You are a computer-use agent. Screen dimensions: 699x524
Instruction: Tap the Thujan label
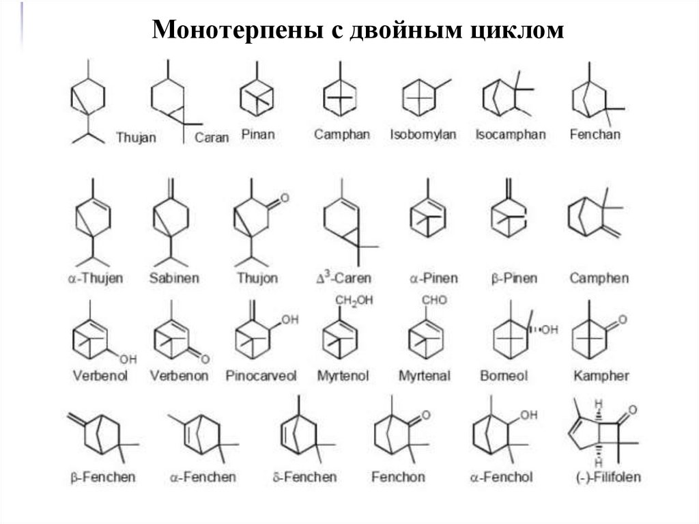(x=136, y=137)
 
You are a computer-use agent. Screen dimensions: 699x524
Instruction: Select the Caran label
(x=212, y=137)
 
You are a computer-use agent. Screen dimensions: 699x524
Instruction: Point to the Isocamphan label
(x=511, y=135)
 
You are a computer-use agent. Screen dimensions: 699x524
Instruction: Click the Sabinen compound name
(x=174, y=279)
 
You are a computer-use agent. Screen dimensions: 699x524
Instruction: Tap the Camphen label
(x=599, y=279)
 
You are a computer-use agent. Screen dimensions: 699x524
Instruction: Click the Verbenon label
(x=179, y=376)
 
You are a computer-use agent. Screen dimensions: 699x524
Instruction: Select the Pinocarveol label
(x=261, y=376)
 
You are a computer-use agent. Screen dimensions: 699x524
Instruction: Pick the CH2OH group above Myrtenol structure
(x=354, y=301)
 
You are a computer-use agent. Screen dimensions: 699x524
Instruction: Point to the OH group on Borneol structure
(x=550, y=330)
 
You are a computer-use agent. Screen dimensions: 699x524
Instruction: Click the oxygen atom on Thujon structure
(x=285, y=198)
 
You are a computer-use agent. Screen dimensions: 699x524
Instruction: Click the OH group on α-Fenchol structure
(x=528, y=415)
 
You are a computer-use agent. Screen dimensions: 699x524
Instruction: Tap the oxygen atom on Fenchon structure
(x=425, y=415)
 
